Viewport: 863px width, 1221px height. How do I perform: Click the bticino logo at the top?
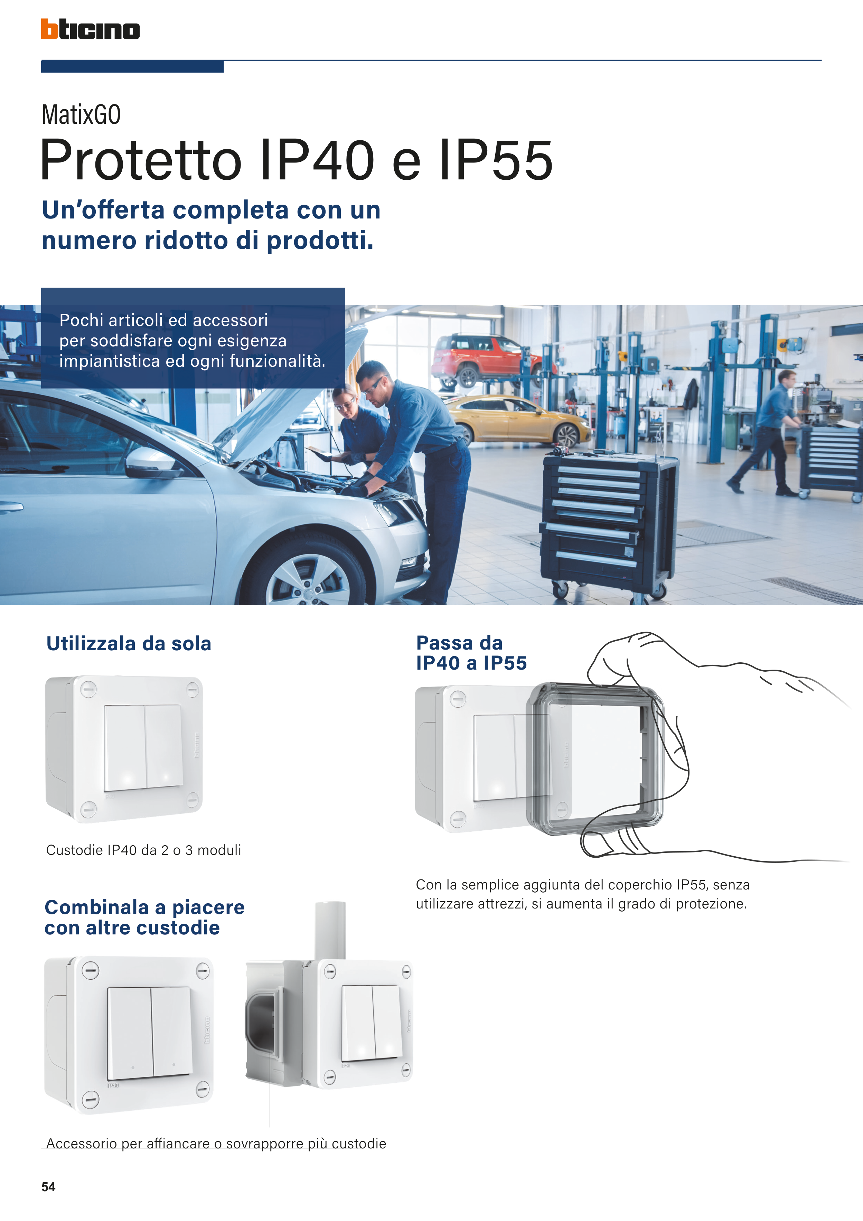coord(91,29)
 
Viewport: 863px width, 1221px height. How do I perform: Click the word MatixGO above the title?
coord(81,114)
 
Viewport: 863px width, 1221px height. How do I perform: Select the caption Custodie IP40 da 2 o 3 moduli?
coord(143,850)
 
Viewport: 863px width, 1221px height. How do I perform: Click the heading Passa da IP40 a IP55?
coord(471,653)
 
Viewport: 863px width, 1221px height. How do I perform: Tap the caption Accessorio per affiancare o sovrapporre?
coord(216,1143)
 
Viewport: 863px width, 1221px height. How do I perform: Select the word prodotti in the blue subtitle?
coord(320,240)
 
